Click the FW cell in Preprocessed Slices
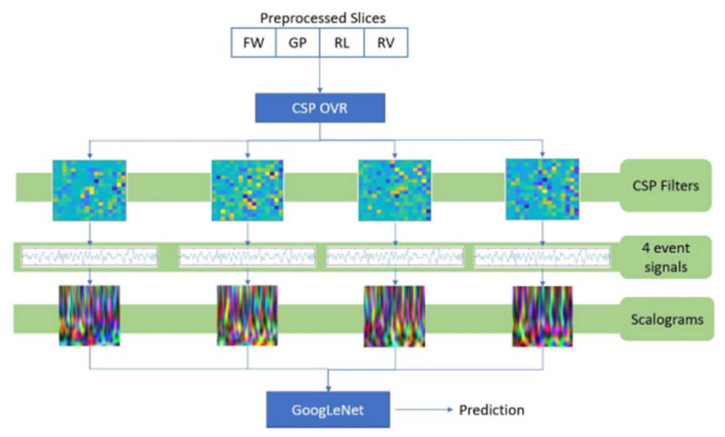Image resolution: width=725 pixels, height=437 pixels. [253, 43]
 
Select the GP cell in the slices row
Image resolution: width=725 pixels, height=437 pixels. [297, 43]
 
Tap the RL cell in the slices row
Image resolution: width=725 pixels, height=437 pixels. [342, 43]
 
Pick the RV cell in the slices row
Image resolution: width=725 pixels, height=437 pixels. [386, 43]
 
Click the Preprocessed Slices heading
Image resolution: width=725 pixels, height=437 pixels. [323, 18]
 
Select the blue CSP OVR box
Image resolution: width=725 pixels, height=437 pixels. [320, 108]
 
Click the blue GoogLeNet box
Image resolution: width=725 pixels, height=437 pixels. [328, 410]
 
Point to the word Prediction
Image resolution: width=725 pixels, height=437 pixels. [492, 410]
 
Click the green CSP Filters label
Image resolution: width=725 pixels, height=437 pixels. [666, 185]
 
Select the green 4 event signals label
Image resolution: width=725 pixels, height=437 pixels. [666, 257]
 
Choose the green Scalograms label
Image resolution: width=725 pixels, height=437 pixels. [667, 319]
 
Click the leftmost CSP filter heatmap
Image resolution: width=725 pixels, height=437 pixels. [89, 190]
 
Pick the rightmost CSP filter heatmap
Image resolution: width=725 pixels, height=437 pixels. [542, 189]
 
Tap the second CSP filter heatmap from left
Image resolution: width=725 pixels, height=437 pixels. [247, 190]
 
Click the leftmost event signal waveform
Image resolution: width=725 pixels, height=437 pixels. [89, 257]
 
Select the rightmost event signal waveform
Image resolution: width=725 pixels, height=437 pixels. [542, 257]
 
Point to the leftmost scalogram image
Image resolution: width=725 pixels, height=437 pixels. [89, 316]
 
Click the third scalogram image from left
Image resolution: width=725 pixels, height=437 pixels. [394, 316]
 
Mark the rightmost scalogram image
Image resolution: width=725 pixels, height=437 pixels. [542, 316]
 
